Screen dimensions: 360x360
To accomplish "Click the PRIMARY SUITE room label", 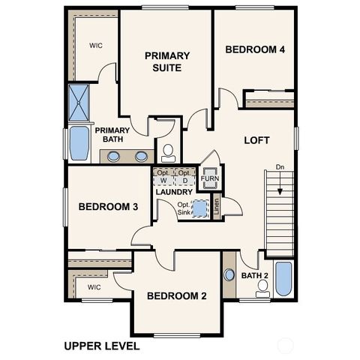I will pyautogui.click(x=167, y=61).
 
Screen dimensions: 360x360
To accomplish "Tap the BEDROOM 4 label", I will pyautogui.click(x=255, y=50).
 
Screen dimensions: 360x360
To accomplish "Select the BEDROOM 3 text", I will pyautogui.click(x=108, y=207).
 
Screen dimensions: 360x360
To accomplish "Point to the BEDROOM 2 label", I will pyautogui.click(x=176, y=296).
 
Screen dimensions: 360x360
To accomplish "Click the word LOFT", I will pyautogui.click(x=256, y=140).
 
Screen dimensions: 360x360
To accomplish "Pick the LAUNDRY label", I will pyautogui.click(x=175, y=192).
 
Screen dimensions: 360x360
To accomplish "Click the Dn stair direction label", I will pyautogui.click(x=280, y=167).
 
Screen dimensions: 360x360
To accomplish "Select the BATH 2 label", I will pyautogui.click(x=255, y=276).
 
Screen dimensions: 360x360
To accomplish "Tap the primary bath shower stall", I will pyautogui.click(x=79, y=103).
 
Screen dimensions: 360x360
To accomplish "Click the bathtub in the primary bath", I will pyautogui.click(x=79, y=142).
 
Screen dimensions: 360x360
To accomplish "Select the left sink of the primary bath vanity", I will pyautogui.click(x=113, y=157).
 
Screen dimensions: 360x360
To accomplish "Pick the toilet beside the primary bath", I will pyautogui.click(x=168, y=151).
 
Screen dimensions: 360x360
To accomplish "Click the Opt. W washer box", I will pyautogui.click(x=163, y=177).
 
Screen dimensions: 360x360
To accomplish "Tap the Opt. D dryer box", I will pyautogui.click(x=184, y=177).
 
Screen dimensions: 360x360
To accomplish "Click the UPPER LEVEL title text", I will pyautogui.click(x=101, y=346).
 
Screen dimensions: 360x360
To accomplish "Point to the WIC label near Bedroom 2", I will pyautogui.click(x=94, y=287).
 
